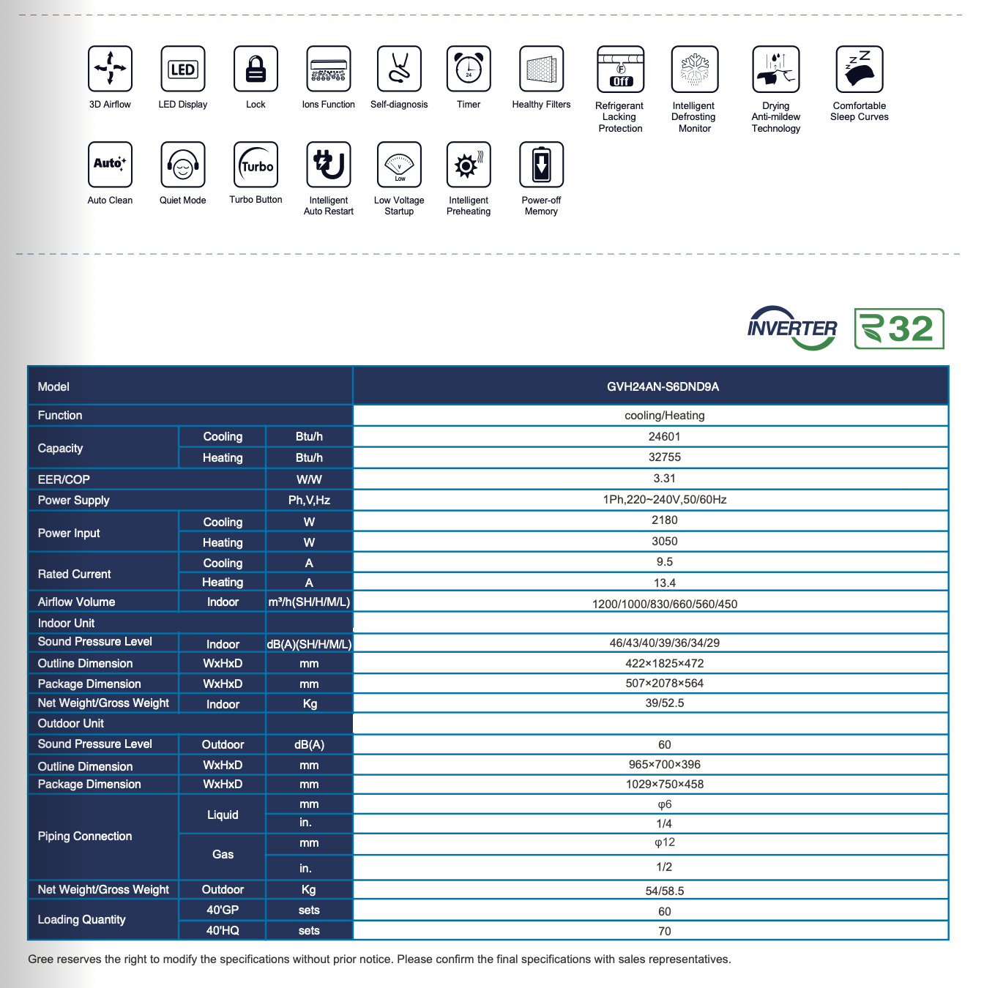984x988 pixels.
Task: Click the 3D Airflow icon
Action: coord(110,69)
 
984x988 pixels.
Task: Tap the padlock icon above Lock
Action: coord(256,69)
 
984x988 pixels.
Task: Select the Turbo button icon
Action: coord(256,165)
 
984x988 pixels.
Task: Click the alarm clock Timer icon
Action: coord(469,69)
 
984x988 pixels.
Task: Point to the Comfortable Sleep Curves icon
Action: coord(859,69)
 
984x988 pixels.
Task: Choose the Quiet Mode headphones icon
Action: coord(183,165)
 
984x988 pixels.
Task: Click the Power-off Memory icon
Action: coord(541,165)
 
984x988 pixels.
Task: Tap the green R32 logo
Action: coord(899,329)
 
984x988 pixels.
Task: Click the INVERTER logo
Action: coord(792,328)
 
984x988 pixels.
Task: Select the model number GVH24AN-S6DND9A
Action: coord(663,386)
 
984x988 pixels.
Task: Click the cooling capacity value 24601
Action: coord(664,437)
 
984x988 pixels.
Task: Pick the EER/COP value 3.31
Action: coord(664,479)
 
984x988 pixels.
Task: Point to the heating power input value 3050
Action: coord(664,542)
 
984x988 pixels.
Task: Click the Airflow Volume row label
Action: coord(76,602)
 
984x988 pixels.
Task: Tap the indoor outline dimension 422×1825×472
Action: coord(664,664)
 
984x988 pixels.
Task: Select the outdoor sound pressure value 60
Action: coord(664,745)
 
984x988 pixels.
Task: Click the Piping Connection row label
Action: coord(85,837)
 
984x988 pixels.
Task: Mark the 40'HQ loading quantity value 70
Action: coord(664,932)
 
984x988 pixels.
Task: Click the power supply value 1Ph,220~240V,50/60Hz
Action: coord(664,500)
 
